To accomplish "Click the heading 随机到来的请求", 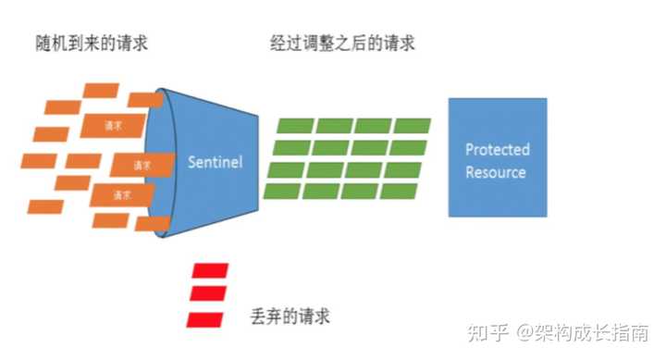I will pos(88,43).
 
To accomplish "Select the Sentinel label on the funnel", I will pos(215,162).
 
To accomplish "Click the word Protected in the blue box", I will pos(497,150).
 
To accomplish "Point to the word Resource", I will pos(496,172).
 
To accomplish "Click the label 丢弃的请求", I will pos(290,316).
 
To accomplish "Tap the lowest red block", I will pos(204,319).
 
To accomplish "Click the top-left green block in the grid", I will pos(295,127).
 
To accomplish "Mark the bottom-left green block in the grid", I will pos(283,191).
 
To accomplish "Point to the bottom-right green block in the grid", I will pos(400,191).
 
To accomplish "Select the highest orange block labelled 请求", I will pos(114,124).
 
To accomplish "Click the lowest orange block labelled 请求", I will pos(121,194).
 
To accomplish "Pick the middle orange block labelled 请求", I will pos(142,166).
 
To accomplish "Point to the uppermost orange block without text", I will pos(102,91).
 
